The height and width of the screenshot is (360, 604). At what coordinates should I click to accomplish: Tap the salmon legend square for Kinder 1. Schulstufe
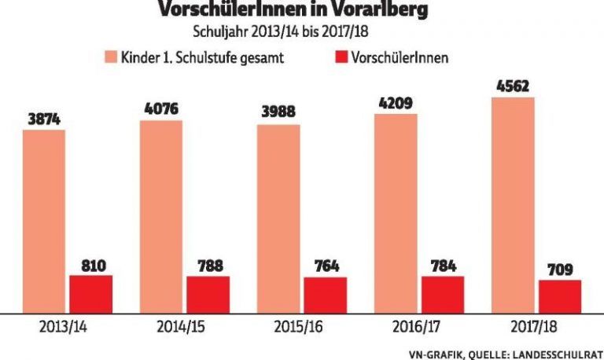tap(112, 57)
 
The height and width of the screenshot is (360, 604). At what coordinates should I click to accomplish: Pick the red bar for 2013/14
tap(91, 292)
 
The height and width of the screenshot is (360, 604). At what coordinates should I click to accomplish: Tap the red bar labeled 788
tap(208, 293)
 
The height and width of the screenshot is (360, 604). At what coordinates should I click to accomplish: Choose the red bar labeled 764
tap(326, 294)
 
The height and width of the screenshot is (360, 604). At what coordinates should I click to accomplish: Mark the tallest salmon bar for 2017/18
tap(513, 204)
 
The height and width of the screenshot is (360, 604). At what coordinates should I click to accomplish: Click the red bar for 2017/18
tap(560, 296)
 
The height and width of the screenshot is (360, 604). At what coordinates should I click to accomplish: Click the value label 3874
tap(44, 119)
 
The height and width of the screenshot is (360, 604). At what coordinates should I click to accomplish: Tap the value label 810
tap(91, 265)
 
